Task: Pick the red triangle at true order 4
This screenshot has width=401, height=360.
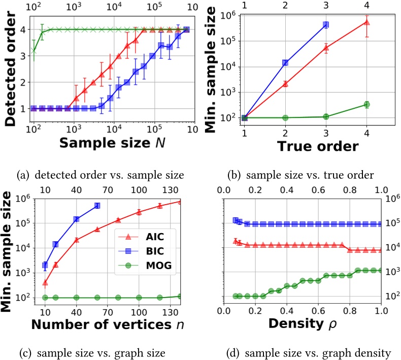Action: pyautogui.click(x=366, y=22)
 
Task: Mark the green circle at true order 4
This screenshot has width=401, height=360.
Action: pyautogui.click(x=366, y=105)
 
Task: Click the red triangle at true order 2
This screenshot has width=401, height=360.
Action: pyautogui.click(x=285, y=84)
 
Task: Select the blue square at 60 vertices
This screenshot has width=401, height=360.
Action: pyautogui.click(x=97, y=206)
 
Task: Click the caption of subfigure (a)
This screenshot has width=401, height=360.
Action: pyautogui.click(x=99, y=175)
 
